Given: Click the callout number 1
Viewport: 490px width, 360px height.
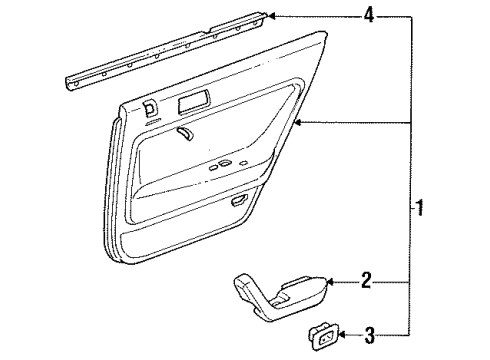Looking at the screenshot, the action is pos(423,208).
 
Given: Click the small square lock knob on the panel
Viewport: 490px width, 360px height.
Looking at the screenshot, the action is pos(148,111).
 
